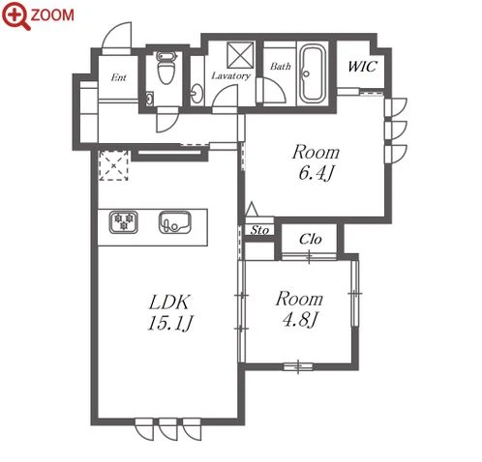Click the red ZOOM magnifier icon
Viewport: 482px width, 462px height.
pyautogui.click(x=15, y=15)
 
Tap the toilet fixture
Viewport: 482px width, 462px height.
pyautogui.click(x=166, y=68)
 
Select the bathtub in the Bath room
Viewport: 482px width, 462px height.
pyautogui.click(x=312, y=75)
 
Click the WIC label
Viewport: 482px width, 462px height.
pyautogui.click(x=362, y=67)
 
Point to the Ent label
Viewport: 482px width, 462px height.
pyautogui.click(x=118, y=77)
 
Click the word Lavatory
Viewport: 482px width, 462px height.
pyautogui.click(x=230, y=75)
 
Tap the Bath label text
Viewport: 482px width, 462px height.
pyautogui.click(x=281, y=67)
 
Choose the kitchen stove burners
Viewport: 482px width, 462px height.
pyautogui.click(x=124, y=222)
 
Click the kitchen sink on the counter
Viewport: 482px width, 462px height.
pyautogui.click(x=175, y=222)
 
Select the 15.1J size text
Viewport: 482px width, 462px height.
pyautogui.click(x=170, y=323)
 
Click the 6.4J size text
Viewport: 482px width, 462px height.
pyautogui.click(x=316, y=173)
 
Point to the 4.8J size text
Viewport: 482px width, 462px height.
pyautogui.click(x=299, y=320)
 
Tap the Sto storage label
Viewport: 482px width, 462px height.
pyautogui.click(x=259, y=230)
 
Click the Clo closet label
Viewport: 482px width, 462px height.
pyautogui.click(x=310, y=239)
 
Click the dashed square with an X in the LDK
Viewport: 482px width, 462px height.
pyautogui.click(x=114, y=165)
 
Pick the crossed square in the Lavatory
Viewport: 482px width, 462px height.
pyautogui.click(x=241, y=55)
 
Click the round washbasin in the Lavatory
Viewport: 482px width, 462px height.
pyautogui.click(x=196, y=94)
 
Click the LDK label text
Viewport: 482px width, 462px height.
pyautogui.click(x=170, y=302)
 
